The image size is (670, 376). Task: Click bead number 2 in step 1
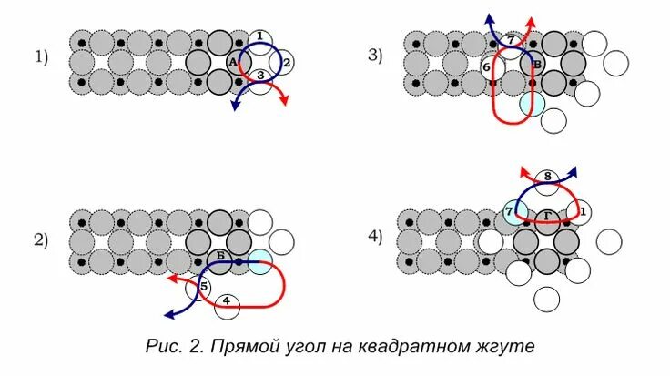pos(284,62)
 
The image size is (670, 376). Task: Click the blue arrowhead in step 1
pos(236,106)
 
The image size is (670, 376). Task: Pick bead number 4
pos(226,303)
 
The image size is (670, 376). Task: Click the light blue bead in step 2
pos(260,262)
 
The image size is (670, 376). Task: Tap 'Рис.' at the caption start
pos(161,346)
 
